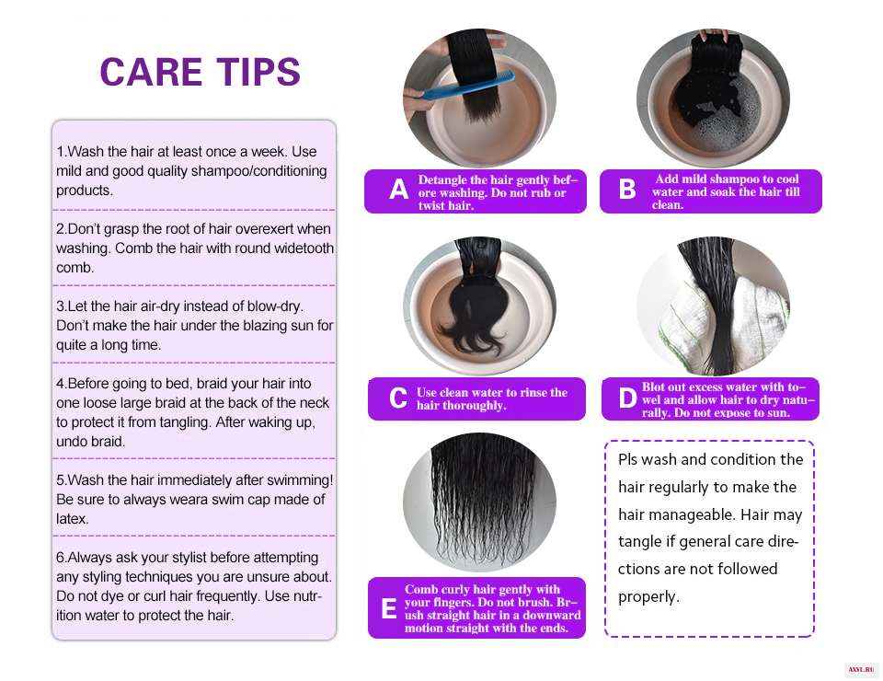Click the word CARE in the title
151,72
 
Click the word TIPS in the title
259,72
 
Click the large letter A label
398,190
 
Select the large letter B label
627,190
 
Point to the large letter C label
398,398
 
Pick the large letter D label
628,398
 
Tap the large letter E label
388,608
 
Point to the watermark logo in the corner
861,670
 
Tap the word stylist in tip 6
182,558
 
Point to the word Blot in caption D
654,387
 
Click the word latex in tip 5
72,519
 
